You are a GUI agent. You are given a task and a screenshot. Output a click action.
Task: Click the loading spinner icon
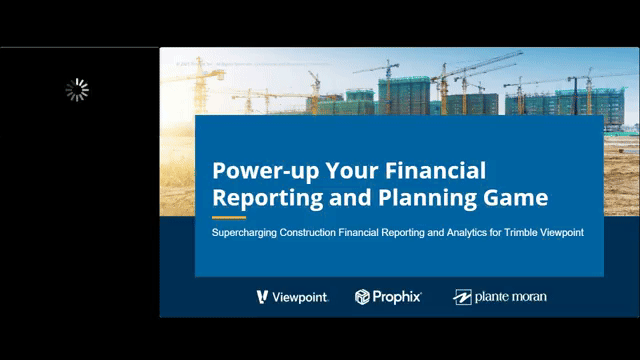(x=77, y=90)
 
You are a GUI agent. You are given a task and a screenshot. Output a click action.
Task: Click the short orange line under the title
(x=229, y=216)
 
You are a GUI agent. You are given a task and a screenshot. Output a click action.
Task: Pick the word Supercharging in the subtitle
(x=243, y=233)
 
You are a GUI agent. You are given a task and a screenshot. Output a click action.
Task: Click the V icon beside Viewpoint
(x=262, y=297)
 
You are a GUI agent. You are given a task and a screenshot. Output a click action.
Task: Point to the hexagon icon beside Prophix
(x=363, y=297)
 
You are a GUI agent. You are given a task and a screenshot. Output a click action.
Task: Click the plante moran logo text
(x=511, y=297)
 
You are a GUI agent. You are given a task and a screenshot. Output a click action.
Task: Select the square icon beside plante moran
(x=462, y=297)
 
